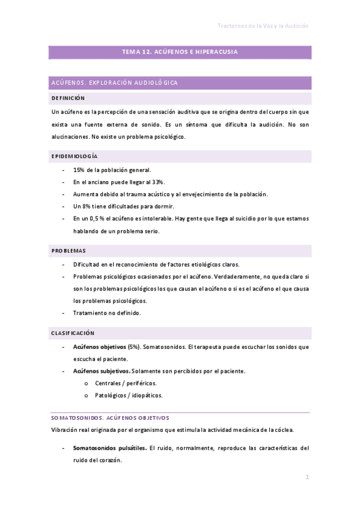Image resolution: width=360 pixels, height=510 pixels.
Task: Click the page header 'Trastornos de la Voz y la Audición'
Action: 263,26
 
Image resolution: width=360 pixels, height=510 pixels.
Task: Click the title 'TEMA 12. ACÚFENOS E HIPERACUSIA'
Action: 180,52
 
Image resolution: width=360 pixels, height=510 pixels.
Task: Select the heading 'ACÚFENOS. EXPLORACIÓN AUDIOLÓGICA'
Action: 115,82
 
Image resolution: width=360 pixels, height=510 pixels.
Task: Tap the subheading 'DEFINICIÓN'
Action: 68,98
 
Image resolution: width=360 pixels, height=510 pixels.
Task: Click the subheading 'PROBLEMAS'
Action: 69,250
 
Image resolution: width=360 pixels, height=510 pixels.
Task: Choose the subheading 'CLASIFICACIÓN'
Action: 73,333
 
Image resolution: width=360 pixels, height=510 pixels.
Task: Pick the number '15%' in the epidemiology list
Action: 79,170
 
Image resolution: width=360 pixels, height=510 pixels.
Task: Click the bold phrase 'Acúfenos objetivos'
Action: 99,347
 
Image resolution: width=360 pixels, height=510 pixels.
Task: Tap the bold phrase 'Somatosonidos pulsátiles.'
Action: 109,448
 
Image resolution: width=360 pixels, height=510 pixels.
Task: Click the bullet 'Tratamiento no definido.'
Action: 107,313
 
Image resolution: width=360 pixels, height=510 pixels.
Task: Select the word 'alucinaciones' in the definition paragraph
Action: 70,137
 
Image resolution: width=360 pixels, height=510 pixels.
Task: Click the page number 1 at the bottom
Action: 307,478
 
